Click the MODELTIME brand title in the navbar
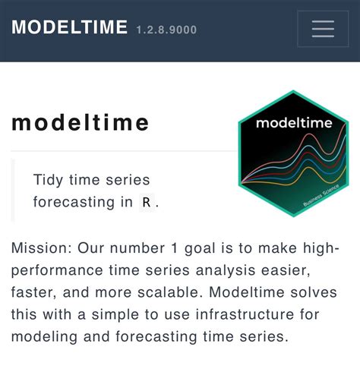coord(69,28)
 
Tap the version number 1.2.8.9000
coord(166,30)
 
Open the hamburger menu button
coord(323,30)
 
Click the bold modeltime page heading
coord(81,125)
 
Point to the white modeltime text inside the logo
coord(292,123)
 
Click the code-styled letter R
coord(147,203)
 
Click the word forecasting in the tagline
coord(74,203)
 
